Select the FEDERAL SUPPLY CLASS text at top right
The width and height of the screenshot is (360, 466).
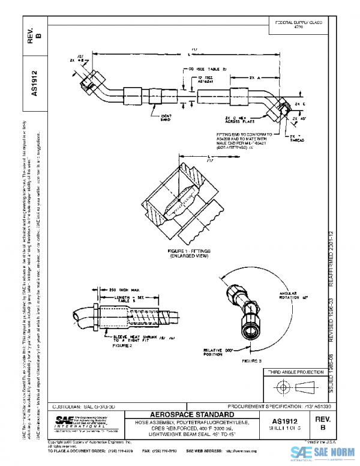click(298, 24)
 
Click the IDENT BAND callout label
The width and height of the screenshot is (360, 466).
click(166, 117)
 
